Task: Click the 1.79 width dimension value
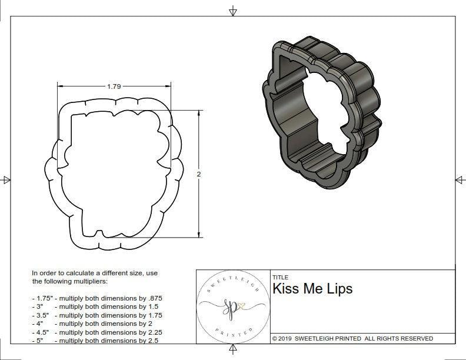[114, 86]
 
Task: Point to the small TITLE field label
[280, 277]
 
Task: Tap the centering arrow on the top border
[233, 11]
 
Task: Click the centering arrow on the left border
[6, 180]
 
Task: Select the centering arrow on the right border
[460, 180]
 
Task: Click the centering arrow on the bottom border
[233, 350]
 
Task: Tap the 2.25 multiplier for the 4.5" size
[152, 332]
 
